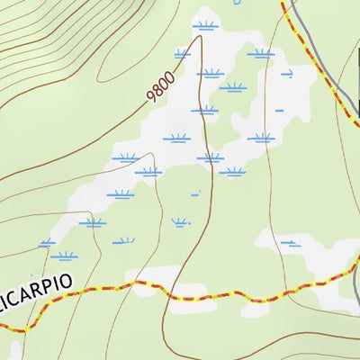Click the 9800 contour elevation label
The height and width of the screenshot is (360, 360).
(161, 86)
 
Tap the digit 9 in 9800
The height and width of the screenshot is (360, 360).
(152, 96)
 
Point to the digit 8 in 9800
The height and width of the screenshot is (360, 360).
(158, 89)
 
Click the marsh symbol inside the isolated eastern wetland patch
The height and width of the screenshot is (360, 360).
(290, 242)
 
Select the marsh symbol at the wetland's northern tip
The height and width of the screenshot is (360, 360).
(205, 25)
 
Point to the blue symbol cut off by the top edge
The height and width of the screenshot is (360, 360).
(237, 3)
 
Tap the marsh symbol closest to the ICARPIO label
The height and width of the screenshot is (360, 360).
(63, 256)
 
